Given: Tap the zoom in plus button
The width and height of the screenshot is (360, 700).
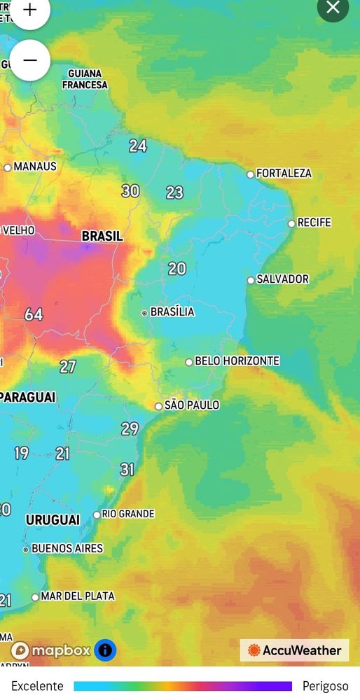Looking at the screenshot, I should coord(29,10).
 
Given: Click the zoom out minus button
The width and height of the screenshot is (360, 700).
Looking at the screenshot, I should coord(29,60).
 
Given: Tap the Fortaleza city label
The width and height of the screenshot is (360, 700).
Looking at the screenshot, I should coord(284,173).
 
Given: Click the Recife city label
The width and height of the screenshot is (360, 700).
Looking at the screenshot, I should coord(314,223).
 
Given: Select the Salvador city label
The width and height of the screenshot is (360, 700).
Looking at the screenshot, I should coord(282,279).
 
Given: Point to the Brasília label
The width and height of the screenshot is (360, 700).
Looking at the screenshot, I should coord(172,311).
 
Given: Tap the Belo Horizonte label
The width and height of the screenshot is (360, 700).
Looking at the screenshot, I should coord(237,360).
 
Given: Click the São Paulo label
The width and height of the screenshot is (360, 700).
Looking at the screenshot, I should coord(191,405).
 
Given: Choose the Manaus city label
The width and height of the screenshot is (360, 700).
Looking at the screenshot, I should coord(35,167).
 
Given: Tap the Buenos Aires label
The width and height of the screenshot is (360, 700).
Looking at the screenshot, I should coord(67,548).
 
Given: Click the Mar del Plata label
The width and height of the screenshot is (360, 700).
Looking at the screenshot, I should coord(77,596).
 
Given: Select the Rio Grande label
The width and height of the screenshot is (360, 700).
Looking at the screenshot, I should coord(127,514).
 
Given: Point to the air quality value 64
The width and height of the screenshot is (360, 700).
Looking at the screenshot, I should coord(34,314).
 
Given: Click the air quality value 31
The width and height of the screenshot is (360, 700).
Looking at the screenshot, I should coord(127,469).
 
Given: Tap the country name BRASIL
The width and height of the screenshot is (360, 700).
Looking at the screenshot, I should coord(102,236).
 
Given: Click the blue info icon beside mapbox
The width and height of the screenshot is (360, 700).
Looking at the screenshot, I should coord(105,650).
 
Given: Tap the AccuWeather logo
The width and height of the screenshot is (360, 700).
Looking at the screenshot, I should coord(294,650).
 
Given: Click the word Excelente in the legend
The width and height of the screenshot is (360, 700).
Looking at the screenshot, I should coord(37,686).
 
